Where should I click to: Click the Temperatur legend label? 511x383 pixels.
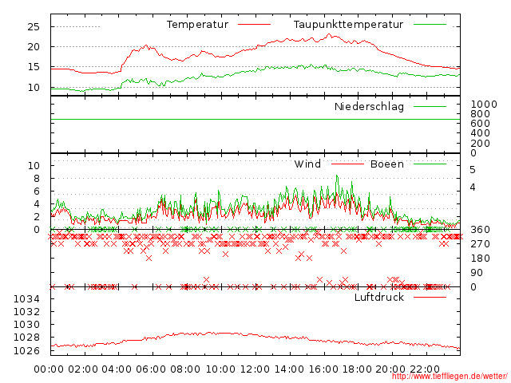[x=197, y=25]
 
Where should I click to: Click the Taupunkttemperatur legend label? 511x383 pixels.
[x=348, y=25]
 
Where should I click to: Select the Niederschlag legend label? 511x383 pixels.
[x=369, y=106]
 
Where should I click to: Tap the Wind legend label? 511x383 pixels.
[x=307, y=164]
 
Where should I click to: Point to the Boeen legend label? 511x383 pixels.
[x=386, y=164]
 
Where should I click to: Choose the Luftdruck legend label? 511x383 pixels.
[x=379, y=298]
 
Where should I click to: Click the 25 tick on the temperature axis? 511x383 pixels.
[x=33, y=26]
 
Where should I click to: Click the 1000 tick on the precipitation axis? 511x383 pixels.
[x=483, y=105]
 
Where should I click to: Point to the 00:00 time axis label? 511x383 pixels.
[x=50, y=369]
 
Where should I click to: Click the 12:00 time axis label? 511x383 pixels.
[x=255, y=369]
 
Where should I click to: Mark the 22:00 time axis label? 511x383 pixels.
[x=426, y=369]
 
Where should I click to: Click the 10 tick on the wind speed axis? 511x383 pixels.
[x=34, y=165]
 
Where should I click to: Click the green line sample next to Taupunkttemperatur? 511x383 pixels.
[x=430, y=25]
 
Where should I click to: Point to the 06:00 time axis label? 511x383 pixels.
[x=152, y=369]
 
